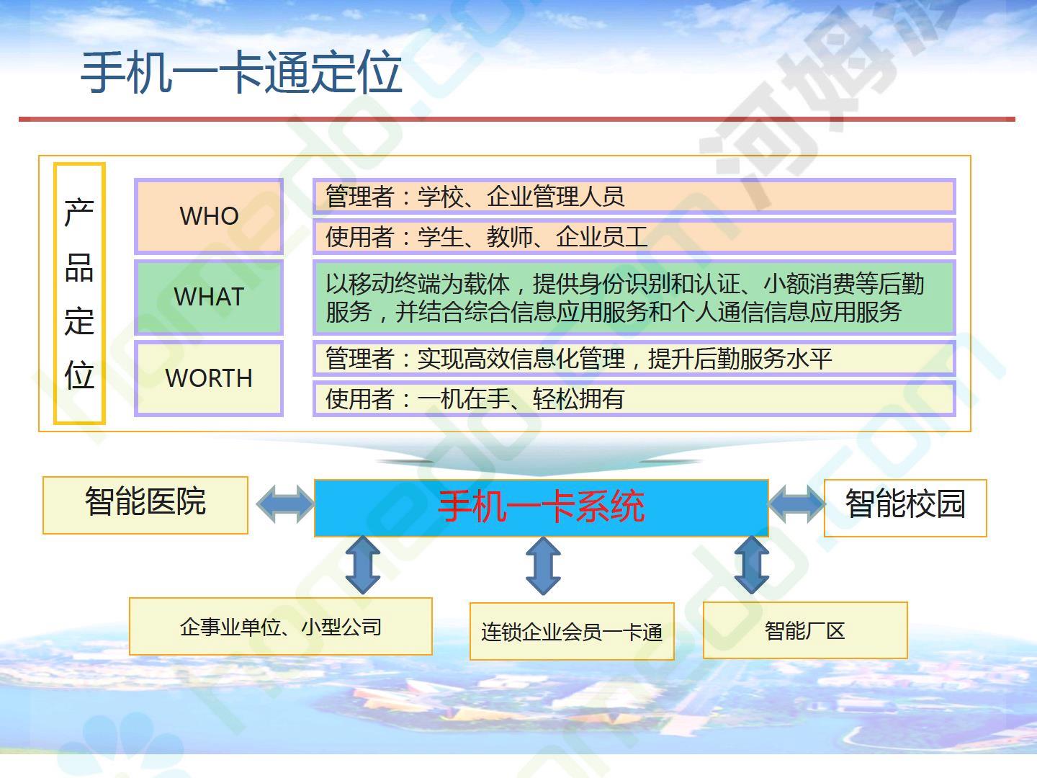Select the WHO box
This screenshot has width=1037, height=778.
[209, 216]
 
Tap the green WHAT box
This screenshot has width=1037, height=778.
[209, 297]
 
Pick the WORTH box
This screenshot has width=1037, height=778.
[209, 378]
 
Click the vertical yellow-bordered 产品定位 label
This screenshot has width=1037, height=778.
[79, 293]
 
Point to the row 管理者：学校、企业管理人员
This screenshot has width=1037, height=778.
[634, 196]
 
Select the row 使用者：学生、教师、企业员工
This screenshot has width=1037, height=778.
[634, 236]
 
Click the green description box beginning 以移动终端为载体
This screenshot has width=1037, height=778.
[634, 297]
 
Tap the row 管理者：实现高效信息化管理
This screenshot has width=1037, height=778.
[634, 359]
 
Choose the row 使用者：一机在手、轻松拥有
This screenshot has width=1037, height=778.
[634, 398]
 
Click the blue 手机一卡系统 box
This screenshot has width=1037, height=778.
[542, 508]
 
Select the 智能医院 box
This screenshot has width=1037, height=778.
[145, 505]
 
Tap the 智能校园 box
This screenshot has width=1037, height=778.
[905, 508]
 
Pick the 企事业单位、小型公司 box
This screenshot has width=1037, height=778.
[281, 627]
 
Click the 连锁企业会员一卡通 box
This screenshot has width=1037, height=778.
[572, 631]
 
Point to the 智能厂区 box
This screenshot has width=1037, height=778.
[805, 630]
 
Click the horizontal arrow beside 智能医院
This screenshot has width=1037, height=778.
[285, 504]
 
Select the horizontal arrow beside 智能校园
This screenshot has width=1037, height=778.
[797, 504]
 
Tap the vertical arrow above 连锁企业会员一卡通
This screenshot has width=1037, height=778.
[543, 566]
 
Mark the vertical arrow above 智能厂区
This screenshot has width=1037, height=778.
[752, 565]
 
